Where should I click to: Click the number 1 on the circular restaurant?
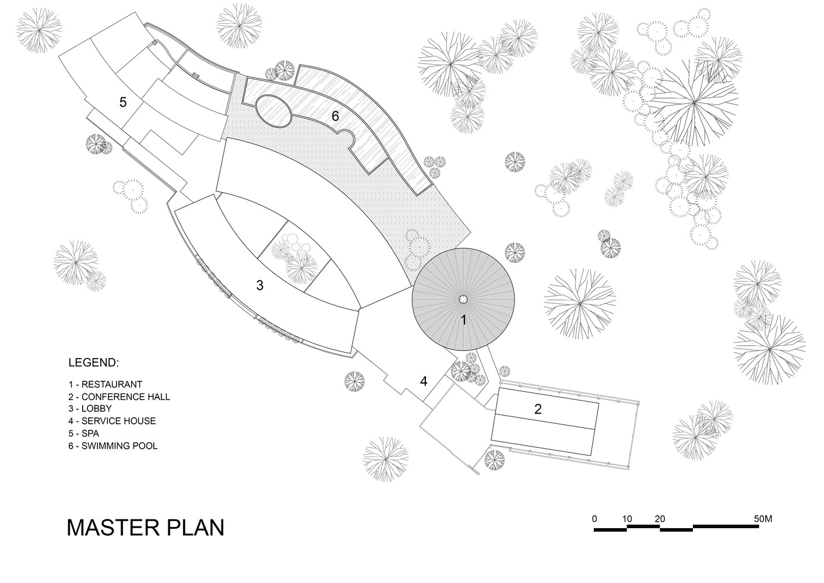coord(463,320)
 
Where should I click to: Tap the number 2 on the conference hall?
coord(537,409)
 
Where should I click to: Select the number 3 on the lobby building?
coord(260,285)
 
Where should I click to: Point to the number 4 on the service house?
coord(424,381)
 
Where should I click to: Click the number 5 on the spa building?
coord(123,102)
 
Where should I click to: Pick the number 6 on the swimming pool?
coord(335,116)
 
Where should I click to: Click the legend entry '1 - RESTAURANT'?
coord(105,384)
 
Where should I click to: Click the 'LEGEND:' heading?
coord(94,363)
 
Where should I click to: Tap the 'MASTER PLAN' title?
coord(146,526)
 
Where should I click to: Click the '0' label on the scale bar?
coord(594,518)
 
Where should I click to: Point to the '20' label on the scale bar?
coord(660,518)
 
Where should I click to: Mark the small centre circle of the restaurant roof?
coord(463,299)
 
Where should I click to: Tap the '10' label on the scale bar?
coord(627,518)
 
